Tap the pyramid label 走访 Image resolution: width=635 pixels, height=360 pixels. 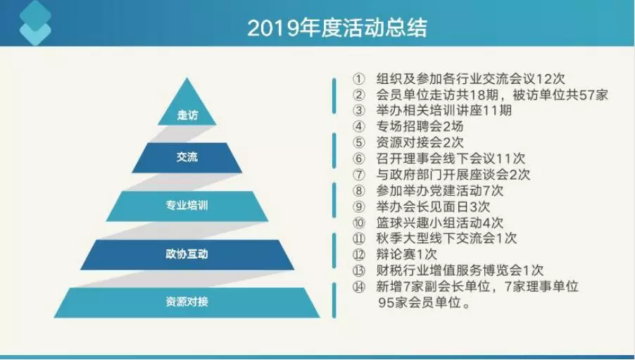187,116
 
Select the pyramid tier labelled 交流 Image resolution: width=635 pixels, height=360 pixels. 187,158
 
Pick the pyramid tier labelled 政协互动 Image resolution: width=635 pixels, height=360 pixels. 187,254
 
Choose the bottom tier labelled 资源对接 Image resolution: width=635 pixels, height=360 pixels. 187,302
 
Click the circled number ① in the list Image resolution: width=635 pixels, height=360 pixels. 359,79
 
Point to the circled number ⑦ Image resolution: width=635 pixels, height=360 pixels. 359,175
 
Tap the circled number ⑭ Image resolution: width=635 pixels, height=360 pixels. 359,287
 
